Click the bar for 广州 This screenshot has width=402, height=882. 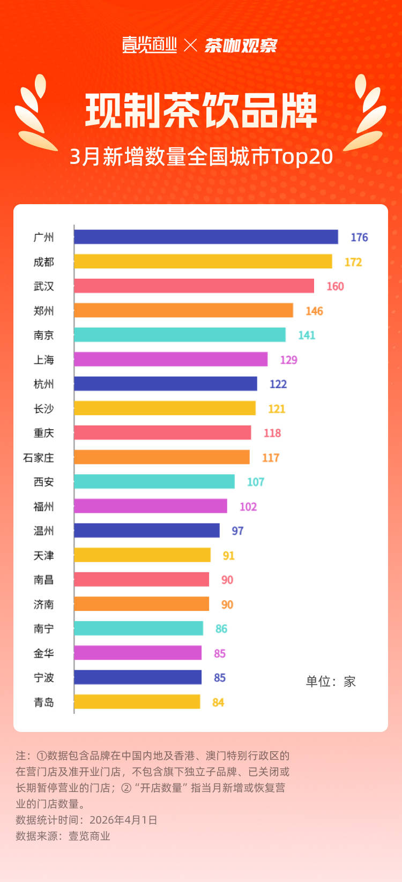(x=206, y=237)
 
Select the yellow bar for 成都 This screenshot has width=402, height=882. (x=203, y=261)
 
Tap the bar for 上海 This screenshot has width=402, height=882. (x=170, y=359)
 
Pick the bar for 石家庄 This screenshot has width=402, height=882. (x=161, y=457)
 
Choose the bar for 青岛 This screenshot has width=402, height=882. (x=137, y=701)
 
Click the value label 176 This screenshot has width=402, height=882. (x=359, y=237)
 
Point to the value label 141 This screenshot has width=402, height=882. (x=307, y=335)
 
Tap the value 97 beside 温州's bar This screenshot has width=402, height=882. (x=237, y=530)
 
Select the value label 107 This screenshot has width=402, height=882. (x=255, y=482)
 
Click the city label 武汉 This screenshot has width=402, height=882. (x=43, y=286)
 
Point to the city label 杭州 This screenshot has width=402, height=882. (x=43, y=384)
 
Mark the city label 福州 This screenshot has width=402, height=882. (x=43, y=506)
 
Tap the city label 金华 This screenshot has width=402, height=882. (x=43, y=653)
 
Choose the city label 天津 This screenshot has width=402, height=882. (x=43, y=555)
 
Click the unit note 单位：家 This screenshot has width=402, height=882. (x=330, y=682)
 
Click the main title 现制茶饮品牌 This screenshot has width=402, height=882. (x=201, y=111)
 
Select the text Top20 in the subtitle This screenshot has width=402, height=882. (x=302, y=156)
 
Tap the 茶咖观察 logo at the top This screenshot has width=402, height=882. (x=241, y=46)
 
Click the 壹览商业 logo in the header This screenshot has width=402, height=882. (x=150, y=45)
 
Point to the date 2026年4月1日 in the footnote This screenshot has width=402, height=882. (x=123, y=820)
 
